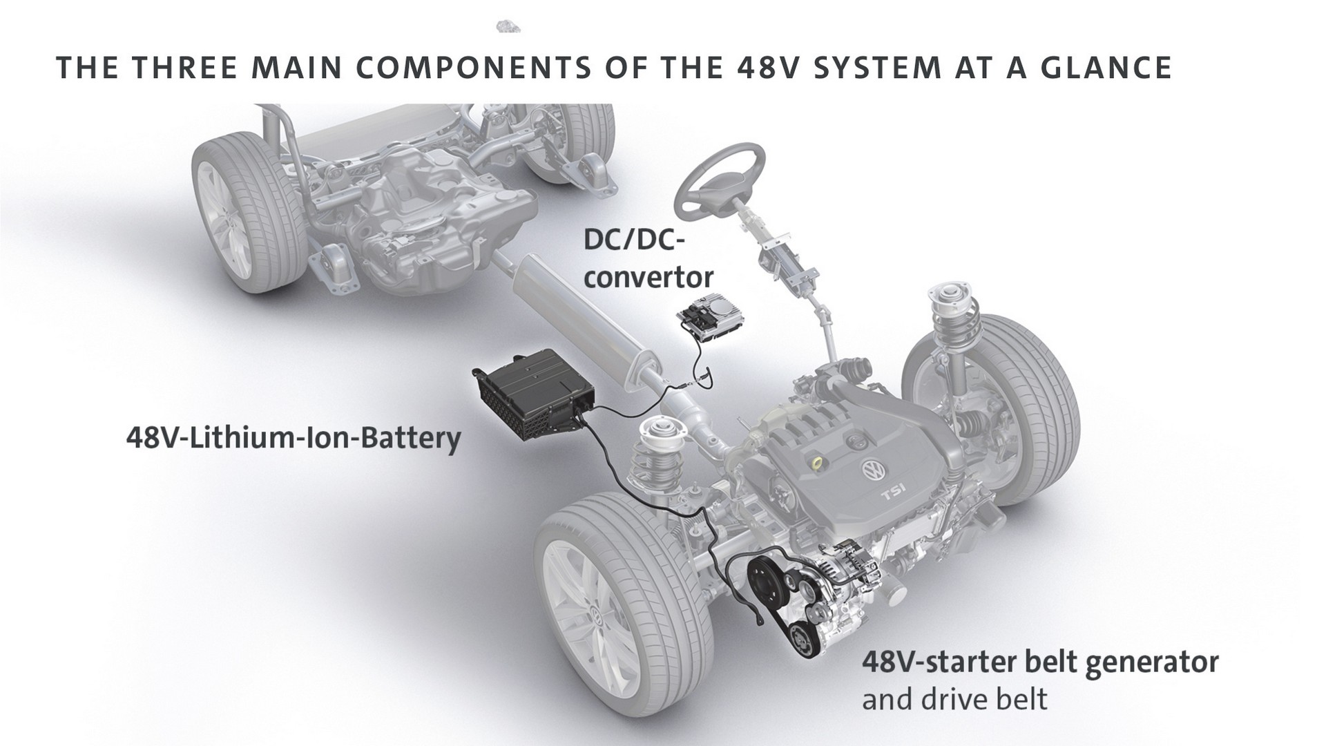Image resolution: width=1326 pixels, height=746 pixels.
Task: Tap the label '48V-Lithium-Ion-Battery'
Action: pos(293,438)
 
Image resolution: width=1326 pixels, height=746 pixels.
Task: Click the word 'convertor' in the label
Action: pos(648,278)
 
